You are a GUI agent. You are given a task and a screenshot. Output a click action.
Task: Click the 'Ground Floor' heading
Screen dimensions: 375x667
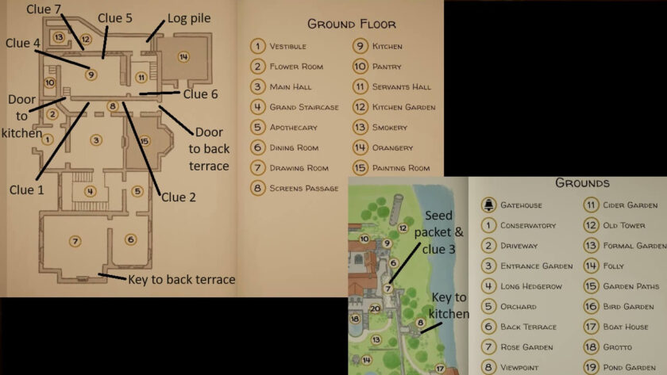pos(351,23)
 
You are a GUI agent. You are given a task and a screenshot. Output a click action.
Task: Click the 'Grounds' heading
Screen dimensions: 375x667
pos(582,182)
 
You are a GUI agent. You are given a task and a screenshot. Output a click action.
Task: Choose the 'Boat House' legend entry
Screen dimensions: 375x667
pos(624,327)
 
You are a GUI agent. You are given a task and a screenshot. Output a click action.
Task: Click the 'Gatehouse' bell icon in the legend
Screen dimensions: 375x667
pos(487,205)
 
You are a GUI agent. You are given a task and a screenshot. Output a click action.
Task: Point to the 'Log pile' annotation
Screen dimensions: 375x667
pos(189,18)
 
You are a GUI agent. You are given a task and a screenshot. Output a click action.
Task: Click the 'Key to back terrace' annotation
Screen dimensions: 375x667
pos(182,279)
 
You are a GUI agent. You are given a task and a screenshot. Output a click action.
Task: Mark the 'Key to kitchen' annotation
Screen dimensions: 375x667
pos(449,305)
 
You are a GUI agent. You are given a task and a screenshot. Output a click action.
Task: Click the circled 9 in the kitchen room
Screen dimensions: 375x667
pos(91,75)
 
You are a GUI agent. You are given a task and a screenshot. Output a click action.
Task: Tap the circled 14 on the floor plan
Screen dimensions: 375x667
pos(183,56)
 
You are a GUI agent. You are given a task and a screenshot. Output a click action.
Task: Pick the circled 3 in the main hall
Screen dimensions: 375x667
pos(96,140)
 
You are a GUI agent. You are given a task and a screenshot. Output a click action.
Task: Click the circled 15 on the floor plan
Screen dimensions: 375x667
pos(144,141)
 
